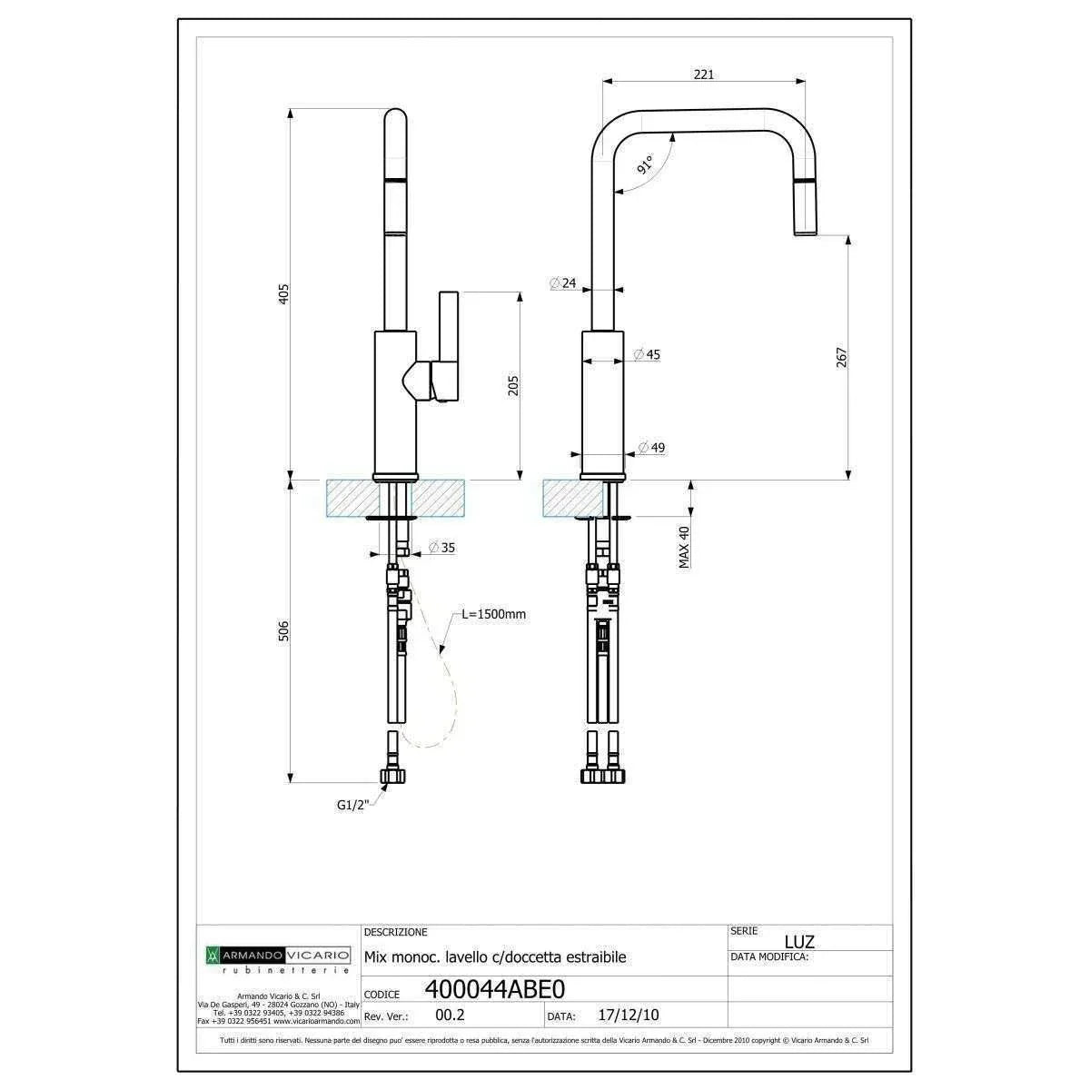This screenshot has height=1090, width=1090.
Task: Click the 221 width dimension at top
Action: click(703, 74)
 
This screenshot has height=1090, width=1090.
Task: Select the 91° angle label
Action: click(645, 165)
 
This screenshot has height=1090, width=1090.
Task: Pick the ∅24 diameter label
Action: click(563, 283)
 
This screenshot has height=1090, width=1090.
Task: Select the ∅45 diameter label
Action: click(647, 354)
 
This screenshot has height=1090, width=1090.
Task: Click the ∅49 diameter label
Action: click(651, 448)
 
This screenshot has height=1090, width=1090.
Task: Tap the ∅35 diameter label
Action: click(441, 548)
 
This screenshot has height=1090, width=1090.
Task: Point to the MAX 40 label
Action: click(684, 548)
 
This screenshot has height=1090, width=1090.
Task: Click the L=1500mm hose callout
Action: click(493, 614)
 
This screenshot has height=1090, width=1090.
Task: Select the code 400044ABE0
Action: click(495, 988)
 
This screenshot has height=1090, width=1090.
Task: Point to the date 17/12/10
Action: click(629, 1016)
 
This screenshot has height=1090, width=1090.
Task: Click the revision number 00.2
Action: click(451, 1016)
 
